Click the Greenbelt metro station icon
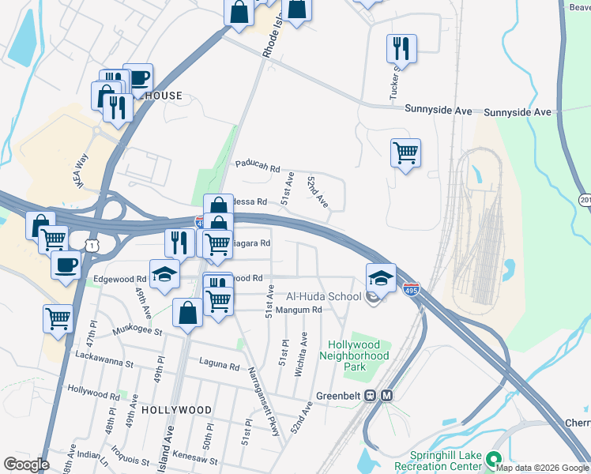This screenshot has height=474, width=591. (387, 395)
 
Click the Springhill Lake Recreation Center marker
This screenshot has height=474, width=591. (495, 459)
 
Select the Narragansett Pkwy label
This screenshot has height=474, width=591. (264, 391)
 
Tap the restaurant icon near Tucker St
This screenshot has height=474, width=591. (401, 50)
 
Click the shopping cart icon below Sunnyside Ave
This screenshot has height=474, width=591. (405, 152)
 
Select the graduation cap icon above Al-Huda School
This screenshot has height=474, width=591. (381, 278)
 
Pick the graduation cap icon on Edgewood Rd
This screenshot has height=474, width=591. (164, 275)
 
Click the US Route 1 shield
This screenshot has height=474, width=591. (94, 246)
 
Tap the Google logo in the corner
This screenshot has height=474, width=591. (26, 465)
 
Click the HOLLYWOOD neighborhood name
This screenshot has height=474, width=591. (177, 411)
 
